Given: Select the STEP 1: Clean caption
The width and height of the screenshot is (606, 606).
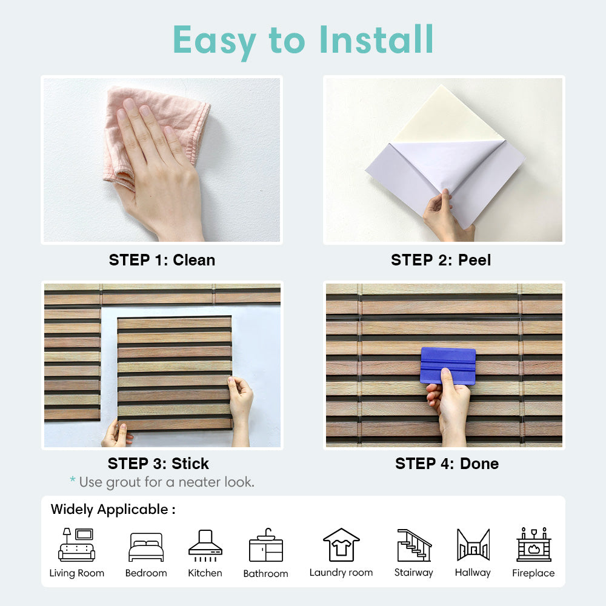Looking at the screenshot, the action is (x=162, y=260).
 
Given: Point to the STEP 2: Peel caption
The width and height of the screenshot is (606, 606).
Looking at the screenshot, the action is (x=441, y=260).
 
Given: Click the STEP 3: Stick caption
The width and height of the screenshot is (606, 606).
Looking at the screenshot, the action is (x=158, y=464).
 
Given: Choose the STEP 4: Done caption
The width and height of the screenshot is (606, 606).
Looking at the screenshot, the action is (x=447, y=464).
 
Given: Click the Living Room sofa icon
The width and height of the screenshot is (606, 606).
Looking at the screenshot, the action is (x=76, y=545).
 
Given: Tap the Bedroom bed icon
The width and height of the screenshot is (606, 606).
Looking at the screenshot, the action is (x=146, y=547).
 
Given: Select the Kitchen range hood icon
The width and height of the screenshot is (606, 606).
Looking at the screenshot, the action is (x=205, y=545).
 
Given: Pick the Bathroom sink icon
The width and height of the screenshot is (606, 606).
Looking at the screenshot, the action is (x=266, y=545).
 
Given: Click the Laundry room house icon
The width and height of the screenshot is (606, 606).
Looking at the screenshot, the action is (x=341, y=545).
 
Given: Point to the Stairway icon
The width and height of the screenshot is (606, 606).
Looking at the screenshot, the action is (x=415, y=545).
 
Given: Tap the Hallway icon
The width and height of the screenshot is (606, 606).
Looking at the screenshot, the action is (x=473, y=545).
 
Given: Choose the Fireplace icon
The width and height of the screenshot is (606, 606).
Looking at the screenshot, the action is (x=534, y=544).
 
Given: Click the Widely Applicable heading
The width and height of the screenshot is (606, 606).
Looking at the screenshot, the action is (x=113, y=510).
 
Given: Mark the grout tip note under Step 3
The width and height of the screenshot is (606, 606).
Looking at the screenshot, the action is (x=162, y=482).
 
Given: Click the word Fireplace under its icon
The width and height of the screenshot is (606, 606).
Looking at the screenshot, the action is (x=533, y=573).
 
